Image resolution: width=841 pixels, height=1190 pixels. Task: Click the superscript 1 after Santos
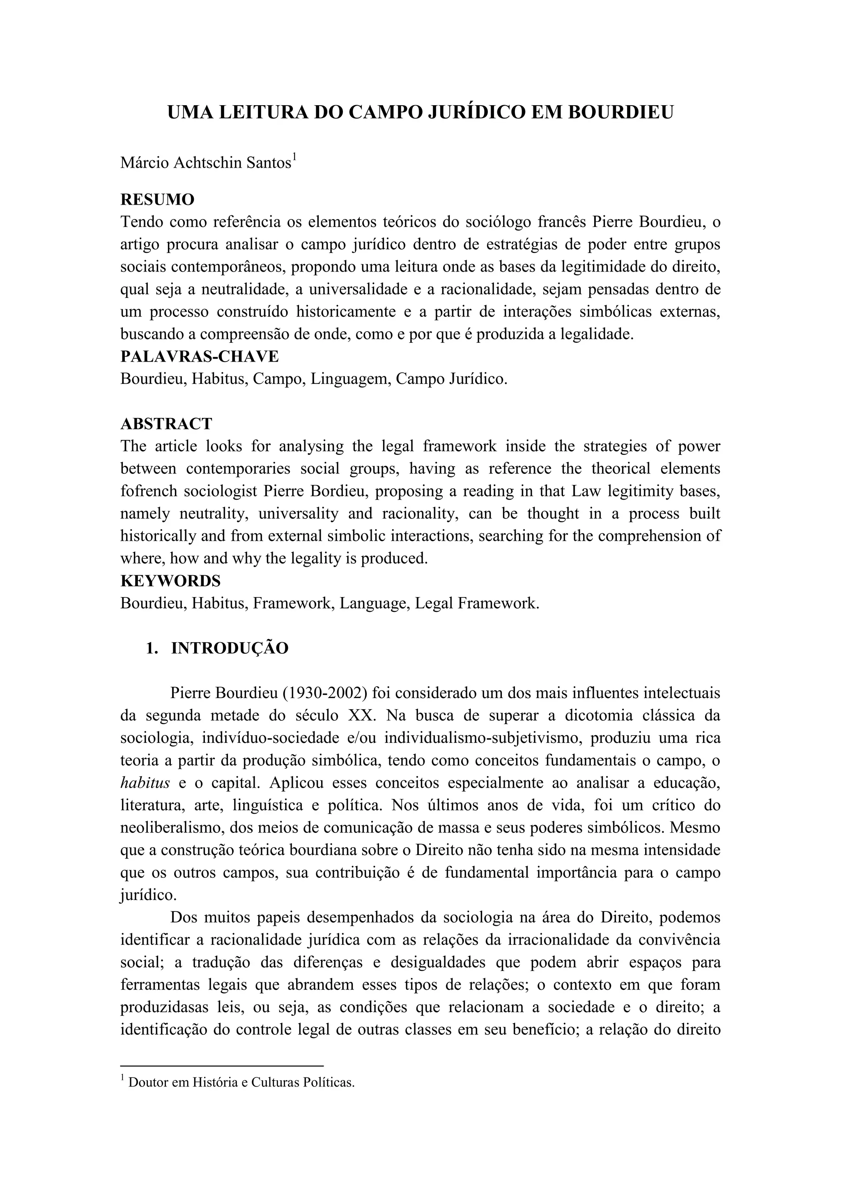point(294,157)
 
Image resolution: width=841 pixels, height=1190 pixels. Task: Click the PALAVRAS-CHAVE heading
point(200,357)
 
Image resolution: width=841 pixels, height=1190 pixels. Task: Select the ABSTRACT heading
point(166,424)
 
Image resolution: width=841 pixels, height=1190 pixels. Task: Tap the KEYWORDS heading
point(170,581)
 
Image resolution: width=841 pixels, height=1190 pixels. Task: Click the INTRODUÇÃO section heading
point(230,648)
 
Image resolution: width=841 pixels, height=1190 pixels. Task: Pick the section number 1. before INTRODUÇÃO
point(152,648)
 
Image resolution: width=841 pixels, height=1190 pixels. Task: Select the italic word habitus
point(145,783)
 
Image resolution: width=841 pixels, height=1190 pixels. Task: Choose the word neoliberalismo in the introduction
point(172,828)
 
